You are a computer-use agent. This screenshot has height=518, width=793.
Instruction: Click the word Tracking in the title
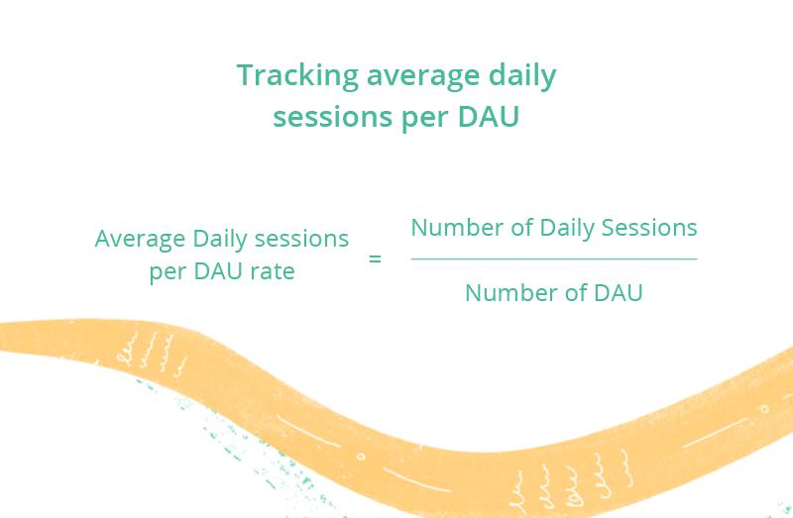(x=297, y=75)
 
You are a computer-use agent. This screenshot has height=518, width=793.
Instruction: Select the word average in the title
(x=422, y=78)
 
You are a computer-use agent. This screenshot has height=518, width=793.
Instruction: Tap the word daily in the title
(x=522, y=76)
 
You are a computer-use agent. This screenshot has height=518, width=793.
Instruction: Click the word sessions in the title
(x=333, y=117)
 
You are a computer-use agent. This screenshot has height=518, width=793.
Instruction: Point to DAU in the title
(x=489, y=116)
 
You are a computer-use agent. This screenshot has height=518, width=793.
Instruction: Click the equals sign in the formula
(x=375, y=259)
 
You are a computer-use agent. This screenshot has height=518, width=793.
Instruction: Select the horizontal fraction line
(x=554, y=259)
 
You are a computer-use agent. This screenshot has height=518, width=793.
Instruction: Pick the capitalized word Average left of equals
(x=140, y=239)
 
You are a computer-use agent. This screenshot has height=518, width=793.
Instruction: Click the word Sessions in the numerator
(x=649, y=228)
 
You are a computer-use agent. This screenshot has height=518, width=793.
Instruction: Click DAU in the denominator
(x=618, y=293)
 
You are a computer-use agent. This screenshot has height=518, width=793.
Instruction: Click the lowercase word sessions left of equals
(x=301, y=239)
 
